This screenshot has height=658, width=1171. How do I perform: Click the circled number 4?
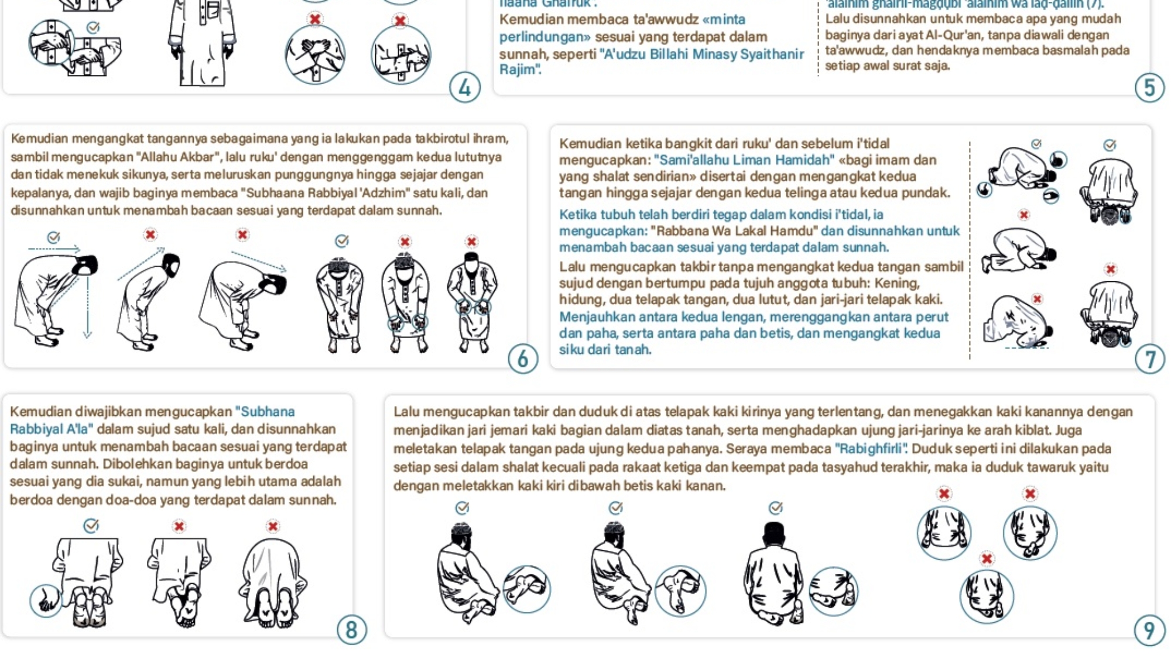(x=465, y=88)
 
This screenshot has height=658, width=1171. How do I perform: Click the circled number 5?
(x=1149, y=88)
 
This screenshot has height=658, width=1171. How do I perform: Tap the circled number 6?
(x=523, y=359)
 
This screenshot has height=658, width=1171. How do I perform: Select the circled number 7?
(x=1149, y=359)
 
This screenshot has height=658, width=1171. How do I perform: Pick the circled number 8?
(x=351, y=630)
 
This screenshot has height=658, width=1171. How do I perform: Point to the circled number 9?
(x=1149, y=631)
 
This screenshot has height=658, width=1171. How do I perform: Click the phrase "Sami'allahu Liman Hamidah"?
(x=744, y=160)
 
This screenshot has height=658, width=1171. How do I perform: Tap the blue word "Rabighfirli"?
(x=871, y=449)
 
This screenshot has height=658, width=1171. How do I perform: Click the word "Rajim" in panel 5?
(x=519, y=70)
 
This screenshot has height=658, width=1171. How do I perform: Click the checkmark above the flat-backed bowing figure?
(x=53, y=237)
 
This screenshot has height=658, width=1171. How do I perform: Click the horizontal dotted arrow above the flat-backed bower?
(x=54, y=250)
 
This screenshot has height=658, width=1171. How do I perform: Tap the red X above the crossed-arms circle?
(x=315, y=19)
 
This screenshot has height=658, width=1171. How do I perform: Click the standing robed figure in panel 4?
(x=201, y=44)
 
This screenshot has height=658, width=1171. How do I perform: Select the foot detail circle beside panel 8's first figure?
(x=46, y=601)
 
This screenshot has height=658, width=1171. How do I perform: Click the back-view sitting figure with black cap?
(x=773, y=573)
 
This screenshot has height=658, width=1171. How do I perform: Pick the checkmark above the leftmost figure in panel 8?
(x=91, y=525)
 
